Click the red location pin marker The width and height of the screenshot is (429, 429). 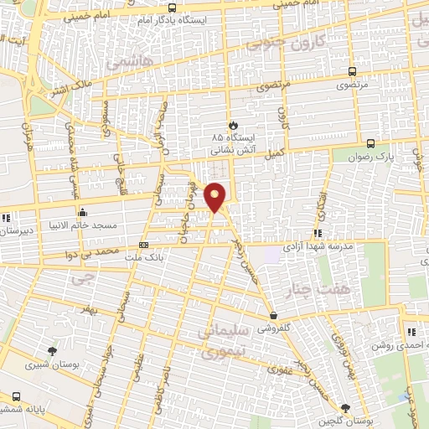(x=216, y=197)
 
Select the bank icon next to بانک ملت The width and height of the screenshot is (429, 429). (x=144, y=246)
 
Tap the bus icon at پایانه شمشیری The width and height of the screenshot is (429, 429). (x=17, y=396)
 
